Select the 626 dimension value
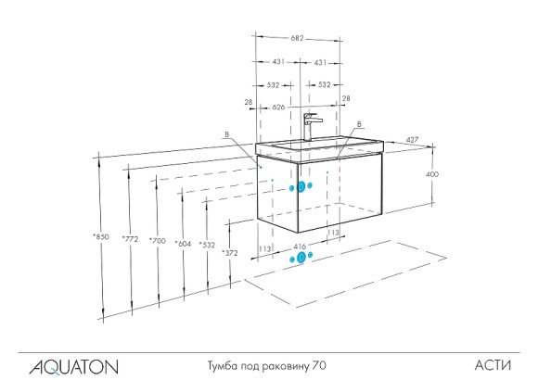[278, 108]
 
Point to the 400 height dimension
[432, 174]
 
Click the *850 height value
[100, 238]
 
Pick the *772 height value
[131, 239]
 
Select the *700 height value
[159, 241]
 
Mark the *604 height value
[184, 243]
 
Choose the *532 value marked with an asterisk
[207, 245]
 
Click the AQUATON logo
[74, 367]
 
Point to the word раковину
[285, 367]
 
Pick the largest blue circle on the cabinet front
[300, 188]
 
